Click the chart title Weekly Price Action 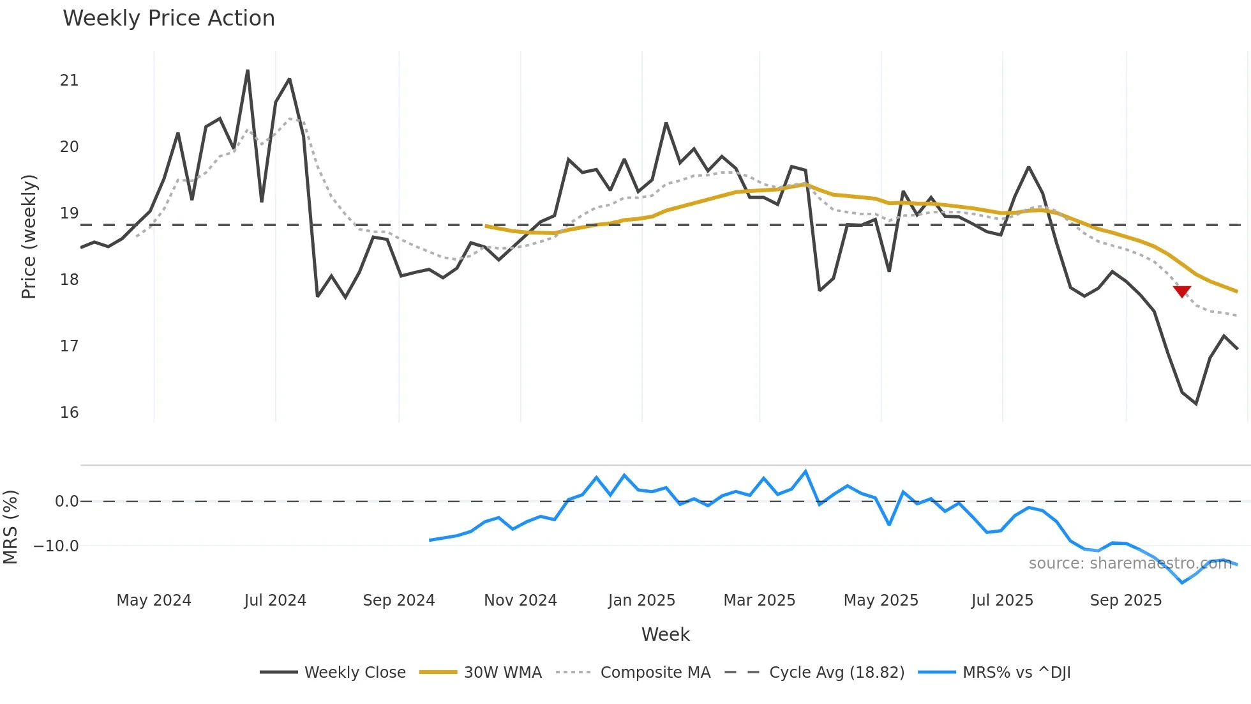click(x=169, y=19)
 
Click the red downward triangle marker click(x=1182, y=291)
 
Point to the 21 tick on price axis click(x=69, y=80)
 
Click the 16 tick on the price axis click(x=69, y=413)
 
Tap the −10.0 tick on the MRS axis click(x=56, y=546)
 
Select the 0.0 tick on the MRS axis click(x=66, y=501)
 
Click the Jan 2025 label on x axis click(x=641, y=601)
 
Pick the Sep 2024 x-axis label click(x=398, y=601)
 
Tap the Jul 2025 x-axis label click(x=1002, y=601)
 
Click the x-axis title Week click(x=665, y=634)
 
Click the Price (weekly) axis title click(x=29, y=236)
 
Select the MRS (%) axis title click(x=10, y=527)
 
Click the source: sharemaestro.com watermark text click(x=1130, y=563)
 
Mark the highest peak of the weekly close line click(x=248, y=71)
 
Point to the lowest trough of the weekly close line click(x=1196, y=404)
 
